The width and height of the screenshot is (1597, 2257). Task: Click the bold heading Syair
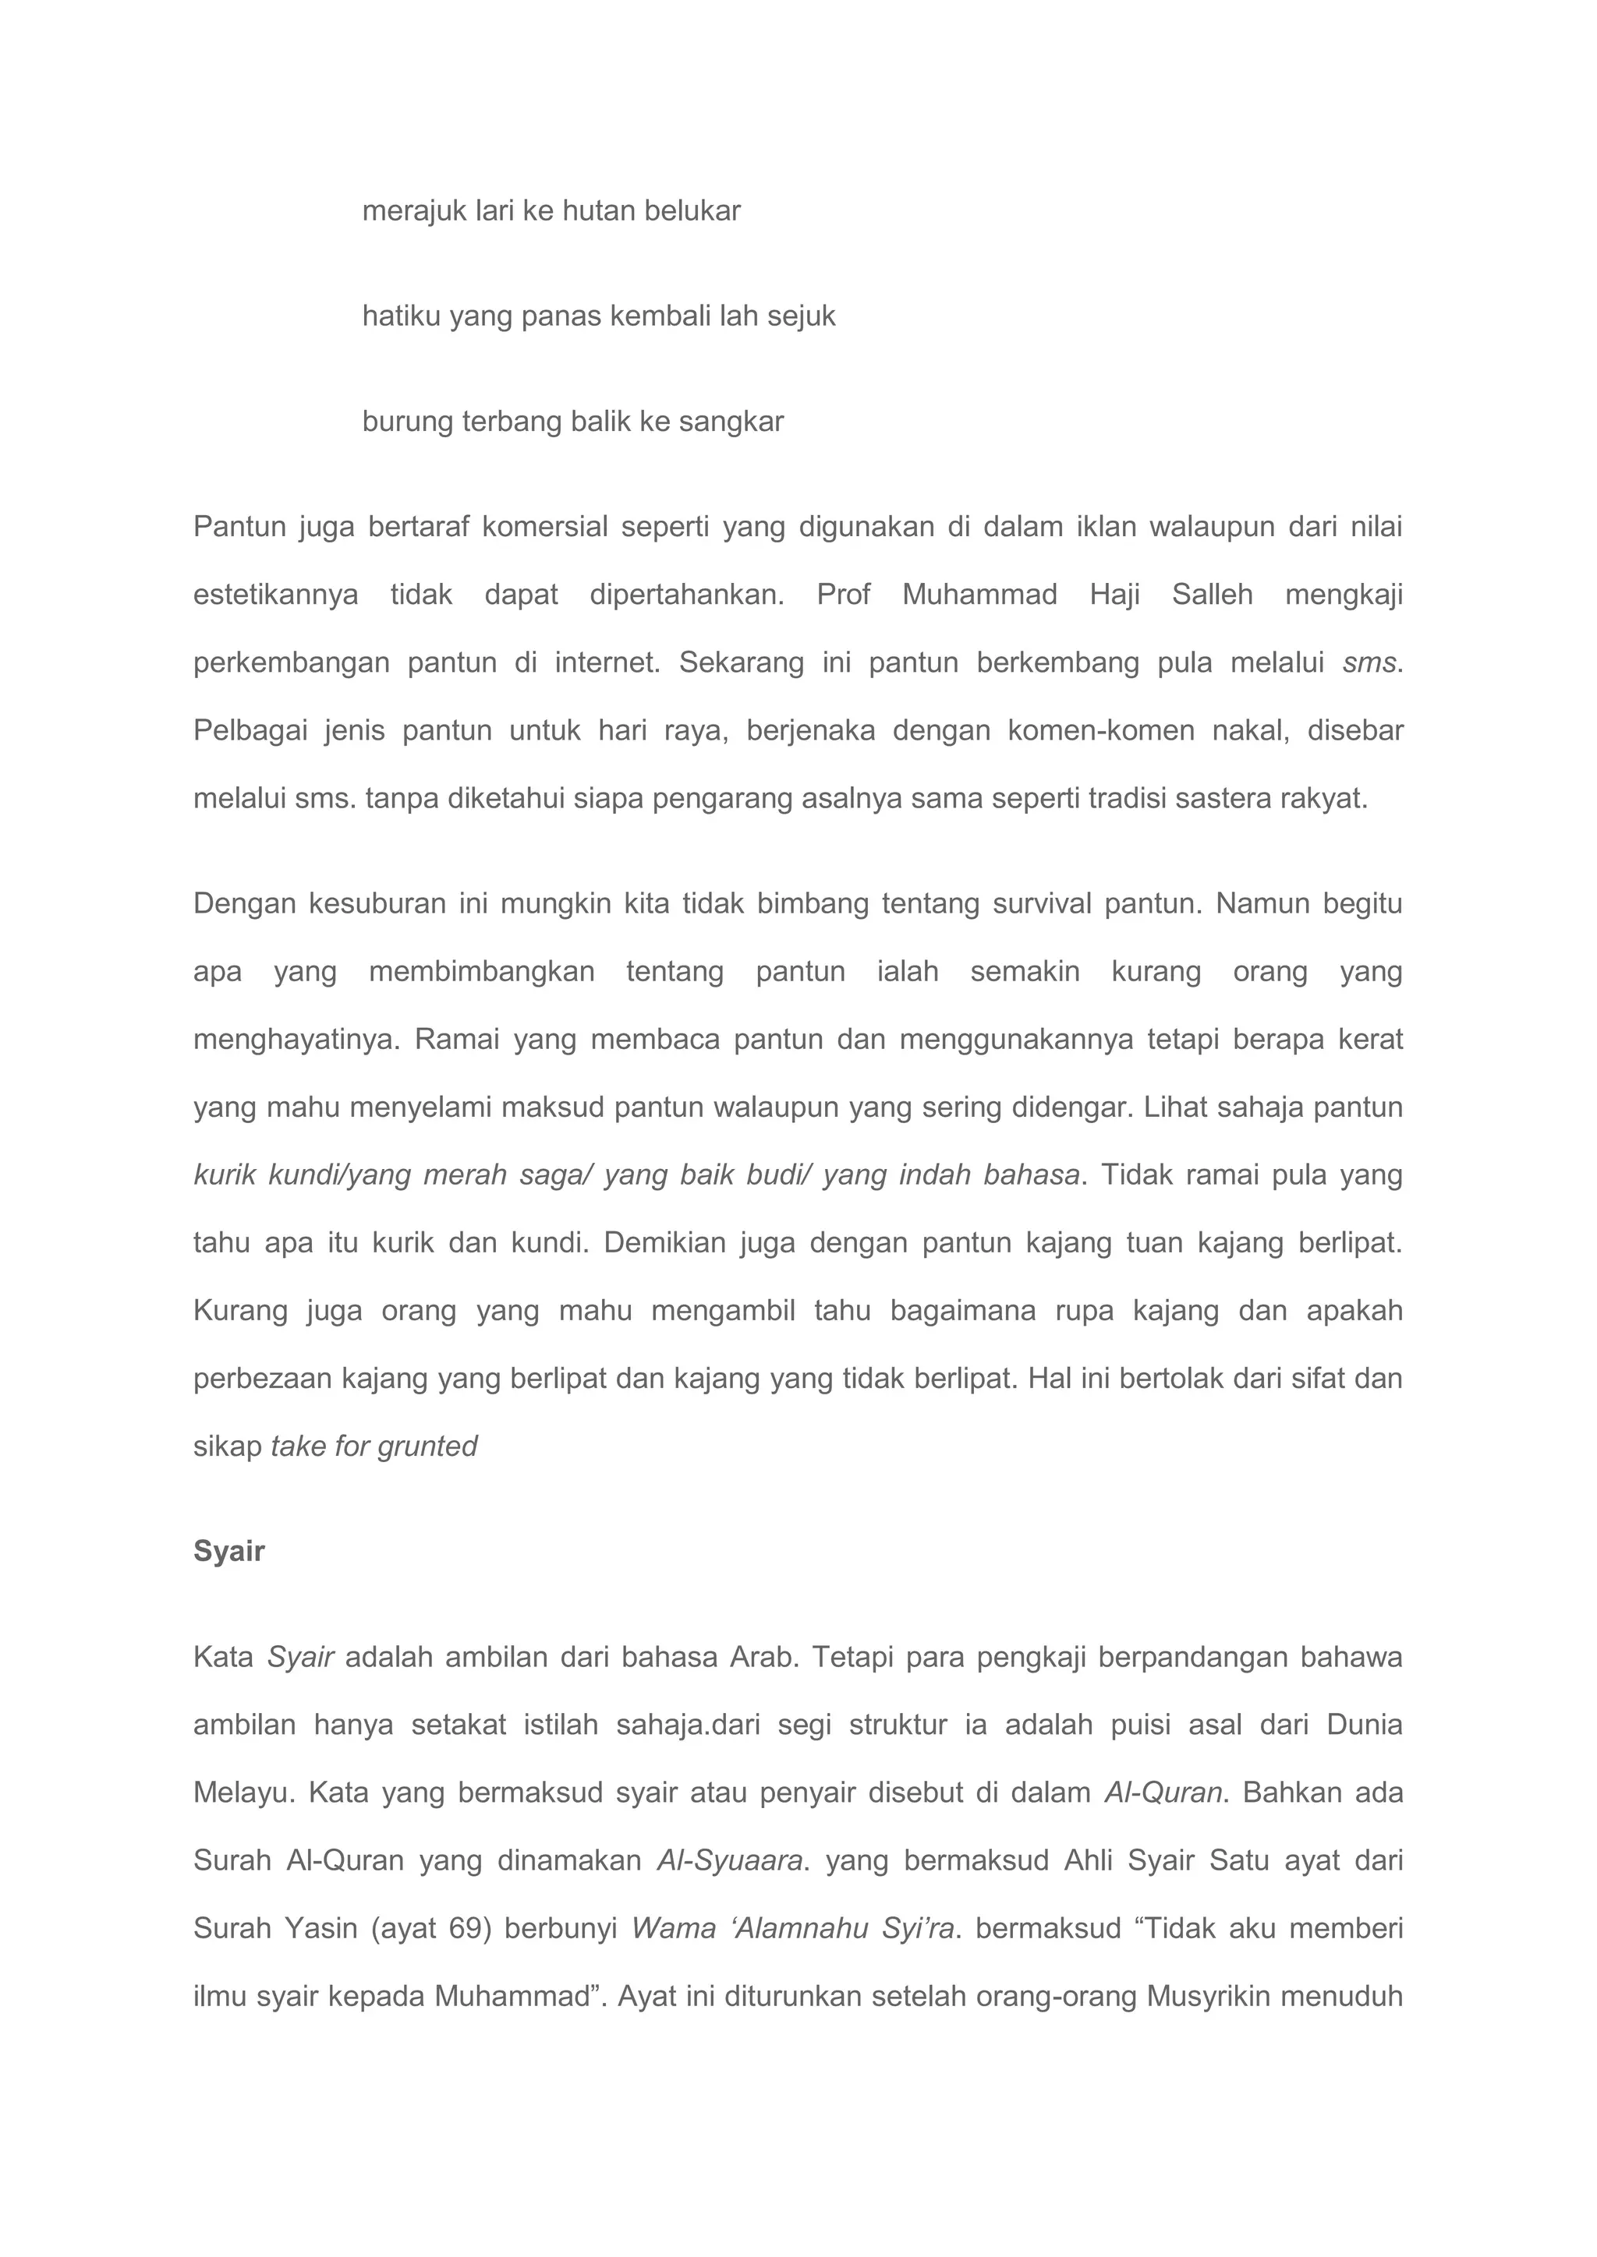coord(228,1551)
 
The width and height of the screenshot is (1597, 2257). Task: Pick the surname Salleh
coord(1212,595)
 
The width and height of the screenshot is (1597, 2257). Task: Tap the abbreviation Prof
coord(843,595)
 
